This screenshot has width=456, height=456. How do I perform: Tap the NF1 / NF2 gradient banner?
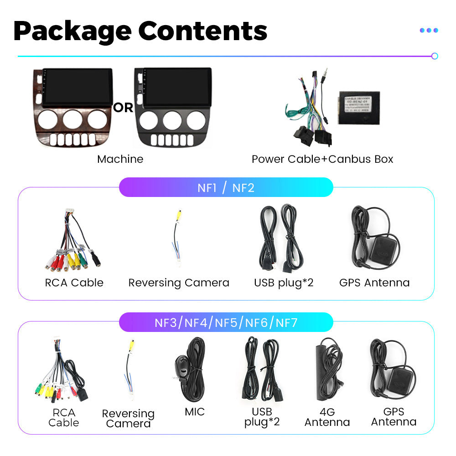tap(226, 187)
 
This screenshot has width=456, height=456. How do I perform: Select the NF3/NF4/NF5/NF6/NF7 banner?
tap(226, 323)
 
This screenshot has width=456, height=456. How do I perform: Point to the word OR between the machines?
tap(123, 108)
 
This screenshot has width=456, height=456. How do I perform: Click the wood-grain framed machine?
tap(73, 107)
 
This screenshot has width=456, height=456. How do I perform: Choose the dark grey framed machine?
tap(173, 107)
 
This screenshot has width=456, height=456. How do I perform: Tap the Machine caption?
tap(120, 159)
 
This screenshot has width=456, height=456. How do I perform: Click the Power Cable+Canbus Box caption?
tap(322, 159)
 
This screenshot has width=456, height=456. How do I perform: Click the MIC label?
tap(195, 412)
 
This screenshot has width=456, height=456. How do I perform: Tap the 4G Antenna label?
tap(327, 417)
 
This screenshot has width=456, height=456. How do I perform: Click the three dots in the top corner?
tap(429, 31)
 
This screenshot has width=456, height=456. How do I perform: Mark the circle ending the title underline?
tap(435, 56)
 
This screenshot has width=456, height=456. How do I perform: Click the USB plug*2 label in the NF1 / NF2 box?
tap(284, 283)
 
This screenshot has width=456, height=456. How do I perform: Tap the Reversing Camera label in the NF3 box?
tap(128, 418)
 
